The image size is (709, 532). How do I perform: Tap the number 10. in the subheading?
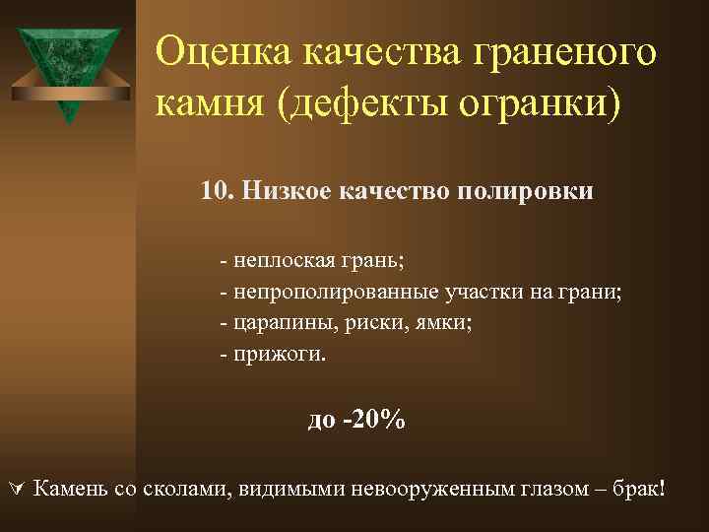(x=217, y=190)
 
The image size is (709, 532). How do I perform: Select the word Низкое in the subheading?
(x=286, y=190)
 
